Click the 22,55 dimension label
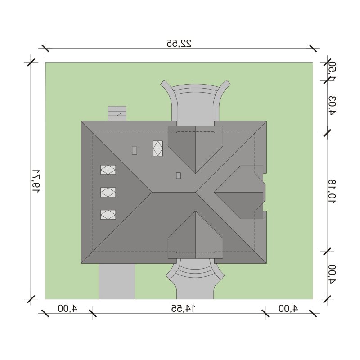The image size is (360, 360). (x=179, y=43)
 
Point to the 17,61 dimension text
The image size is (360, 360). (x=36, y=181)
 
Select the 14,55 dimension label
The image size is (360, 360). (x=184, y=308)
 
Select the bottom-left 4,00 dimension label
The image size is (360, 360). (x=67, y=308)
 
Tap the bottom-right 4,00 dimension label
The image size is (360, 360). (x=288, y=308)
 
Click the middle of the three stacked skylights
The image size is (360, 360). (x=108, y=192)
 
